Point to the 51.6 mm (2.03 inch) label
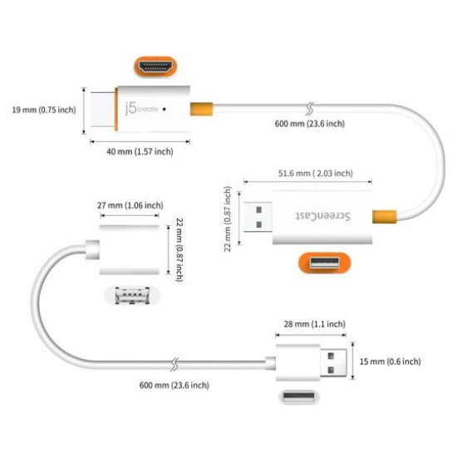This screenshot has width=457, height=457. click(x=313, y=174)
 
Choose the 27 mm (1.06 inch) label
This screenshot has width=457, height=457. click(x=130, y=205)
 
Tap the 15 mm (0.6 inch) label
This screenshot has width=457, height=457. click(x=391, y=361)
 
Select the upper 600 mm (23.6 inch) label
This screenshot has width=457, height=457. click(x=309, y=124)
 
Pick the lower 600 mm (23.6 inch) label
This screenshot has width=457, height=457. click(x=174, y=385)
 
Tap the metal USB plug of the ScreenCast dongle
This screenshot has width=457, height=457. click(x=258, y=217)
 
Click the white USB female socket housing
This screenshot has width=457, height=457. click(x=129, y=248)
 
